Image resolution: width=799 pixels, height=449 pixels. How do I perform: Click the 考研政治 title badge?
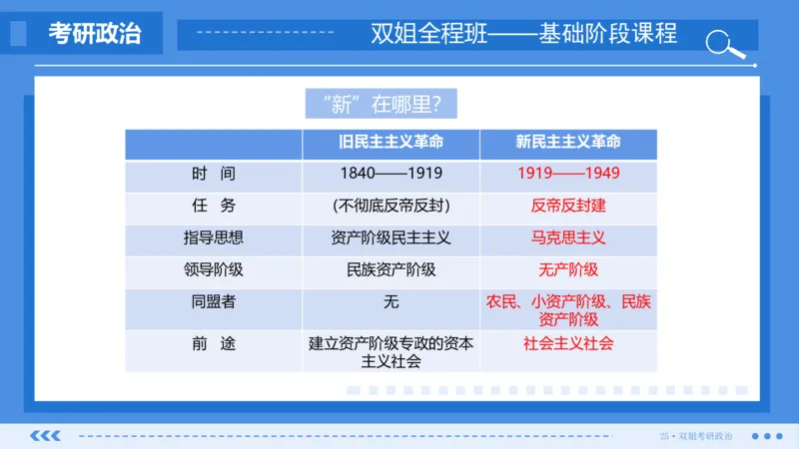pyautogui.click(x=94, y=34)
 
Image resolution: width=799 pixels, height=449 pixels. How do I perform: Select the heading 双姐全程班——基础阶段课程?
pyautogui.click(x=523, y=34)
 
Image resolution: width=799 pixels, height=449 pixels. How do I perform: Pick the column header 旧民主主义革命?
pyautogui.click(x=391, y=143)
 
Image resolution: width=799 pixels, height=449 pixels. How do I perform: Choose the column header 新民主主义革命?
pyautogui.click(x=567, y=143)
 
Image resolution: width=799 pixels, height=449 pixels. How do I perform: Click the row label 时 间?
pyautogui.click(x=213, y=174)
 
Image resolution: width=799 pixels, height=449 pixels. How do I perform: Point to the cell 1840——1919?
pyautogui.click(x=391, y=174)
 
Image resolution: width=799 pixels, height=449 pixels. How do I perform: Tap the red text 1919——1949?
pyautogui.click(x=567, y=174)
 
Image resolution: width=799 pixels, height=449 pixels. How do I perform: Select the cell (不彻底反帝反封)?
pyautogui.click(x=391, y=206)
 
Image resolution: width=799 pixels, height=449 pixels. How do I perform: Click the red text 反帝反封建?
pyautogui.click(x=567, y=206)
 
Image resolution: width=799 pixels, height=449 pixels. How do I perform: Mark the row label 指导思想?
pyautogui.click(x=213, y=238)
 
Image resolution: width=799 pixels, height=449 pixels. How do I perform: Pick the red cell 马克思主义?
pyautogui.click(x=567, y=238)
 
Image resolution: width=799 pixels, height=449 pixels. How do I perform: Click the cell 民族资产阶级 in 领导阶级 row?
pyautogui.click(x=391, y=269)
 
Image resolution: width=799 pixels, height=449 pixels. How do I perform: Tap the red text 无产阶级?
pyautogui.click(x=567, y=269)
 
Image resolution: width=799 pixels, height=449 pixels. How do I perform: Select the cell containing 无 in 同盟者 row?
pyautogui.click(x=391, y=301)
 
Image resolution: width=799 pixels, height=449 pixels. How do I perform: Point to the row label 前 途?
pyautogui.click(x=213, y=343)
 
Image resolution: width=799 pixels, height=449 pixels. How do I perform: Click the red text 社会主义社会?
pyautogui.click(x=567, y=343)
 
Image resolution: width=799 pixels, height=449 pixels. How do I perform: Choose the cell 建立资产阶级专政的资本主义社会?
pyautogui.click(x=391, y=351)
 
